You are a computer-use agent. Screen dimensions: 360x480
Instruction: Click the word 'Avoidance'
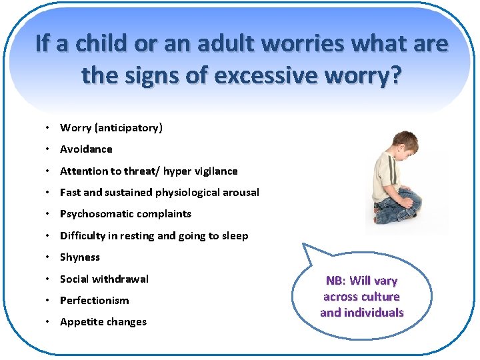(x=86, y=149)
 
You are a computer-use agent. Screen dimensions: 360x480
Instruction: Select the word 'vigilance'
(x=215, y=171)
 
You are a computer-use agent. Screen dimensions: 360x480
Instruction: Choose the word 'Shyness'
(x=80, y=257)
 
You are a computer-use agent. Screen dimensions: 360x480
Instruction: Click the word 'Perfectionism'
(x=95, y=301)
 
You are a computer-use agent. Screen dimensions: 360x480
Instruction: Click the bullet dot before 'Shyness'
(x=50, y=257)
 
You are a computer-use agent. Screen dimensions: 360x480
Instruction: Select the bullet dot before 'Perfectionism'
(x=50, y=301)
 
